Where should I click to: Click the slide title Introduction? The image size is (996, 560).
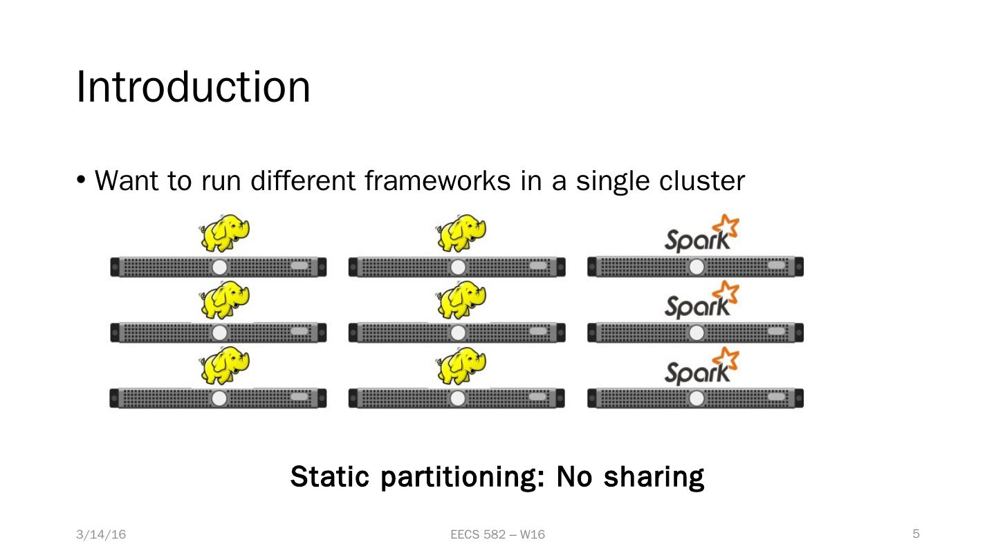(193, 87)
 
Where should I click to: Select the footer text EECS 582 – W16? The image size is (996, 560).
(497, 534)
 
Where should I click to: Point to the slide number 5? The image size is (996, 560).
(916, 534)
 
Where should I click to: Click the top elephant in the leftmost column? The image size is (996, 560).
(224, 234)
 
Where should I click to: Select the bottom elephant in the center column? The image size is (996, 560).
(461, 366)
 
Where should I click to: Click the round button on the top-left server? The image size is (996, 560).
(219, 268)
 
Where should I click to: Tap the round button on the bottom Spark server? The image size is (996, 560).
(697, 399)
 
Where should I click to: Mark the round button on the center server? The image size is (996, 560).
(458, 333)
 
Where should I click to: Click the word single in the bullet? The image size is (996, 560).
(613, 181)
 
